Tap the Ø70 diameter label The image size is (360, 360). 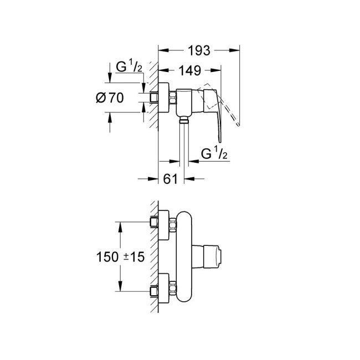point(109,98)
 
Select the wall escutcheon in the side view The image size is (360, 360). point(164,98)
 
